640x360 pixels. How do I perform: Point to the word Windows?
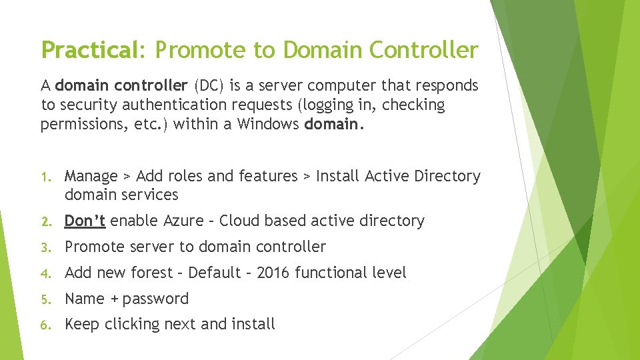pos(269,124)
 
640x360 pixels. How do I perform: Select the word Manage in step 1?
pos(91,176)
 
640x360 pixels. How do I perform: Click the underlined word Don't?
pos(85,221)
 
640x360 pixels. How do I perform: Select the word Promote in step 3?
pos(94,247)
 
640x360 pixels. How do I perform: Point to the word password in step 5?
pos(155,299)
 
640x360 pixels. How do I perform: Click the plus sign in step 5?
pos(114,299)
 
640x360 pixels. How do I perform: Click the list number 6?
pos(45,325)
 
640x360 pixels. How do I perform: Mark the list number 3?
pos(45,247)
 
